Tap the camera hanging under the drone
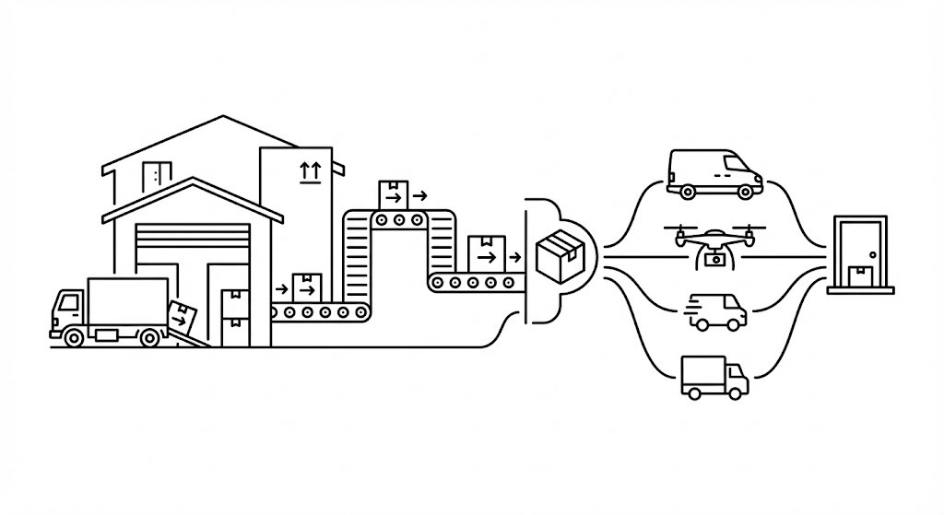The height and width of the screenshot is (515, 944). tap(713, 261)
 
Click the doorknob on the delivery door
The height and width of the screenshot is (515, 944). tap(872, 254)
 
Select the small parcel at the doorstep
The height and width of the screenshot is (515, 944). tap(860, 275)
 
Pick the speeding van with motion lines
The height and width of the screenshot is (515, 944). tap(718, 311)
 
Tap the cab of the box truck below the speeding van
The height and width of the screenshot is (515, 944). tap(736, 378)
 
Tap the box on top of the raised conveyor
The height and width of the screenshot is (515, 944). tap(394, 193)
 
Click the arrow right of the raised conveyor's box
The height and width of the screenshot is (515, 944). tap(420, 195)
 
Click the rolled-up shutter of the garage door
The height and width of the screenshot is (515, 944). tap(192, 244)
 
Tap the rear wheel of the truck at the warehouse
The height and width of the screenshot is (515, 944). tap(148, 337)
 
